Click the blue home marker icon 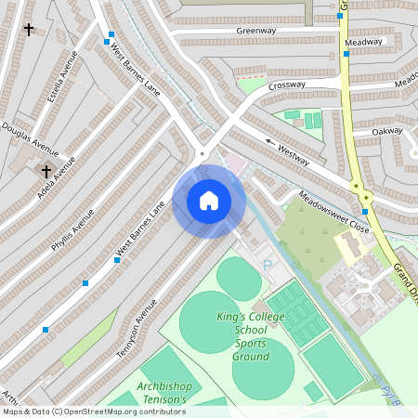pyautogui.click(x=209, y=201)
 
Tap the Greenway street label pyautogui.click(x=255, y=31)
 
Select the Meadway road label pyautogui.click(x=363, y=42)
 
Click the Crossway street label pyautogui.click(x=287, y=85)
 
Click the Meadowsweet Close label pyautogui.click(x=333, y=214)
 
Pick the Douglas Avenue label pyautogui.click(x=30, y=139)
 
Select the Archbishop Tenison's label pyautogui.click(x=162, y=392)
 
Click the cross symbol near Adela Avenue pyautogui.click(x=46, y=171)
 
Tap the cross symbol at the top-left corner pyautogui.click(x=29, y=30)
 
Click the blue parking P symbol pyautogui.click(x=268, y=265)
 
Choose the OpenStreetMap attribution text pyautogui.click(x=94, y=411)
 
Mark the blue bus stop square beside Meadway pyautogui.click(x=346, y=54)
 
